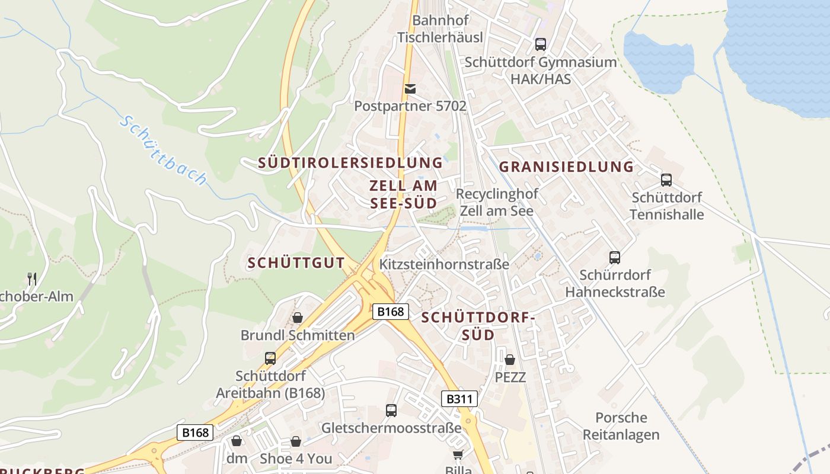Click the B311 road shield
coord(459,399)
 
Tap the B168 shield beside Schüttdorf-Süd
coord(391,312)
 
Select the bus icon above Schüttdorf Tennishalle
coord(666,180)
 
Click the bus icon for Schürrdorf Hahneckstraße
coord(615,258)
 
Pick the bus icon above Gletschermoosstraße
coord(391,410)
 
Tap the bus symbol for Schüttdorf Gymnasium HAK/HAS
coord(540,44)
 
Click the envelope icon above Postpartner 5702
coord(410,89)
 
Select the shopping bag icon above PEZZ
coord(510,360)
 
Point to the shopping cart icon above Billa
coord(458,454)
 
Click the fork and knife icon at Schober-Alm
coord(32,278)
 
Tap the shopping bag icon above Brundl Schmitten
coord(298,318)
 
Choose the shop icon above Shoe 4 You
coord(295,441)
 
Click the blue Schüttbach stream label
coord(164,150)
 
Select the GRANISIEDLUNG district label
coord(566,167)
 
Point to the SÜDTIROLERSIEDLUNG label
coord(350,163)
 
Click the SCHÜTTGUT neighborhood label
coord(296,263)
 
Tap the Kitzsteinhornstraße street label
coord(444,264)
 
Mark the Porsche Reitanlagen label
coord(621,426)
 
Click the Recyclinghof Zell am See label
coord(497,202)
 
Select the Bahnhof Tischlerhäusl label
coord(440,28)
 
